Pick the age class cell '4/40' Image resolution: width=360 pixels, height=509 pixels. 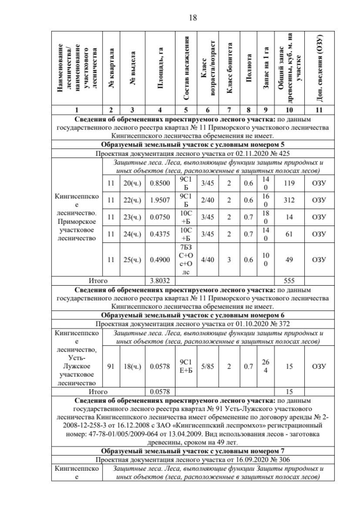click(208, 260)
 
